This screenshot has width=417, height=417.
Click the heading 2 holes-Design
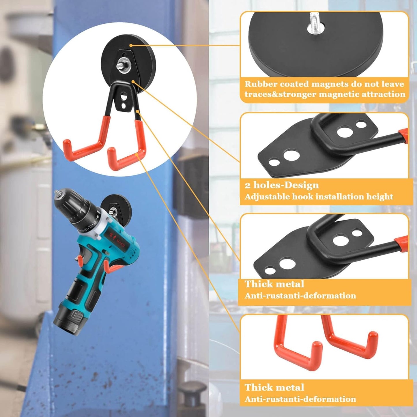(x=282, y=185)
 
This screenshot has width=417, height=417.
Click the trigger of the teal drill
(x=81, y=261)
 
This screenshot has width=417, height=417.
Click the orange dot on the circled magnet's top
(x=131, y=45)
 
